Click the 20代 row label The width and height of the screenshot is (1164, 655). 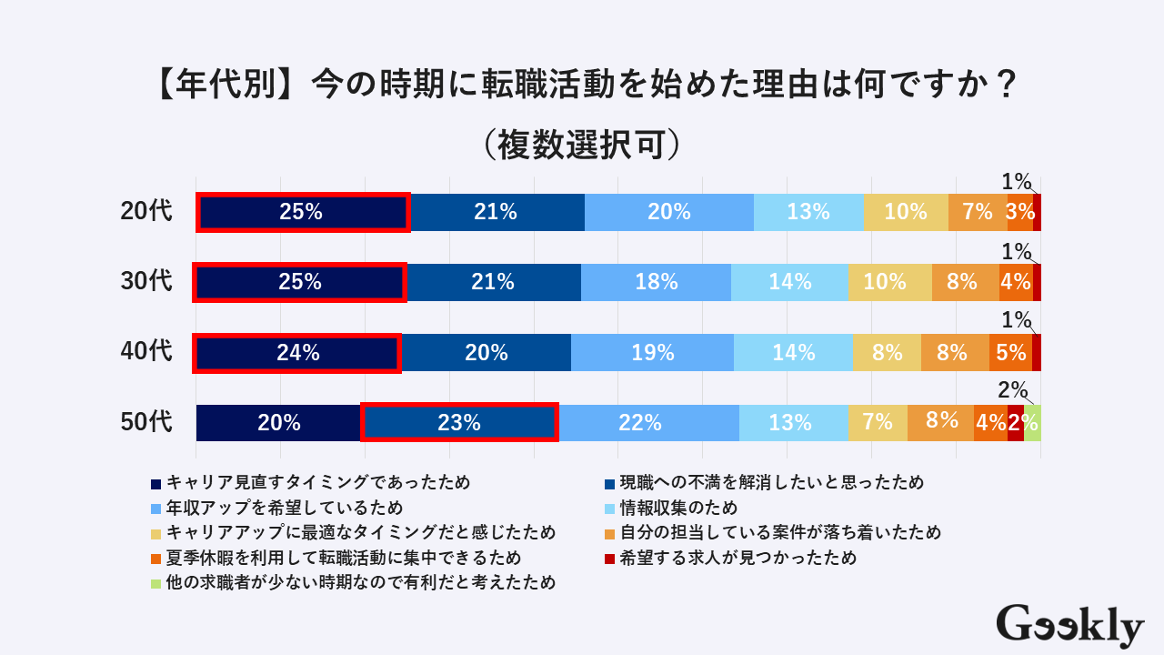146,211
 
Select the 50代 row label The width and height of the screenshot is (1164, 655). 146,422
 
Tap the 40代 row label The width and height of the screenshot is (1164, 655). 146,352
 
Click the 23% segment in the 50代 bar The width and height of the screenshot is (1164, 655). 459,422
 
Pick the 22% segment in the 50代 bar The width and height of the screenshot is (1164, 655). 648,422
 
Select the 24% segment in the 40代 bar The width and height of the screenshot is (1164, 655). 298,353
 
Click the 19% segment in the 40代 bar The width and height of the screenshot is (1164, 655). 652,353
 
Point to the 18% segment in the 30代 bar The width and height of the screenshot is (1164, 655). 656,282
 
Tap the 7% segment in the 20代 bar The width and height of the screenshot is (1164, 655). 977,212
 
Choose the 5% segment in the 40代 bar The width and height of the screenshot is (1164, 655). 1010,353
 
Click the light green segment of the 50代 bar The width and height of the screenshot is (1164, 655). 1032,422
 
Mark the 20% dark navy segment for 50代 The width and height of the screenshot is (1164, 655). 278,422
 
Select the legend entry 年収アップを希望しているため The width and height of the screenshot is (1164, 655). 284,508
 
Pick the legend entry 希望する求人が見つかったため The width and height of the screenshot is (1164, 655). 738,558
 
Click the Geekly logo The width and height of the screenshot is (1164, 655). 1069,626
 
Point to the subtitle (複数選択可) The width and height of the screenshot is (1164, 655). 581,144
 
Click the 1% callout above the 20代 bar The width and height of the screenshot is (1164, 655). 1017,182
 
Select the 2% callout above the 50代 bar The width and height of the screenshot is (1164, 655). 1012,390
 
